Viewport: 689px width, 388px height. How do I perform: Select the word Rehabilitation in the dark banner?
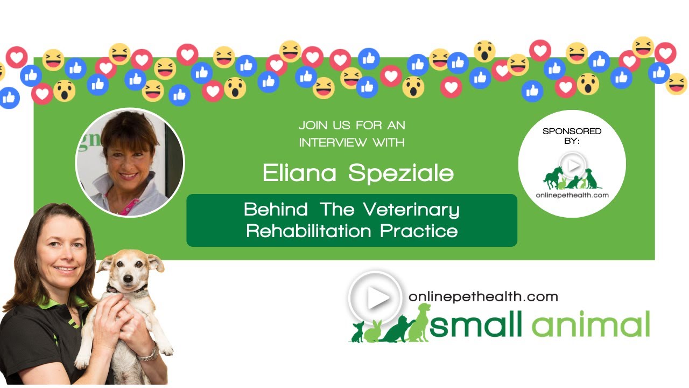(x=308, y=231)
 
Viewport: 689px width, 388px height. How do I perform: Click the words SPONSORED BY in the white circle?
(x=572, y=135)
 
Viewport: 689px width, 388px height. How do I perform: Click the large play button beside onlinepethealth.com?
(x=375, y=298)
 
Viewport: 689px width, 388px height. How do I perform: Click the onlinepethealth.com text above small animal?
(x=483, y=296)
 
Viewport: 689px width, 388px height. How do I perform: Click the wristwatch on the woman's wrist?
(x=147, y=354)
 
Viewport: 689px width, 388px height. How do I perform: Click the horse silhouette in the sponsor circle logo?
(x=553, y=177)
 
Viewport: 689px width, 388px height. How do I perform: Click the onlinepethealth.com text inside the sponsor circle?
(x=572, y=195)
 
